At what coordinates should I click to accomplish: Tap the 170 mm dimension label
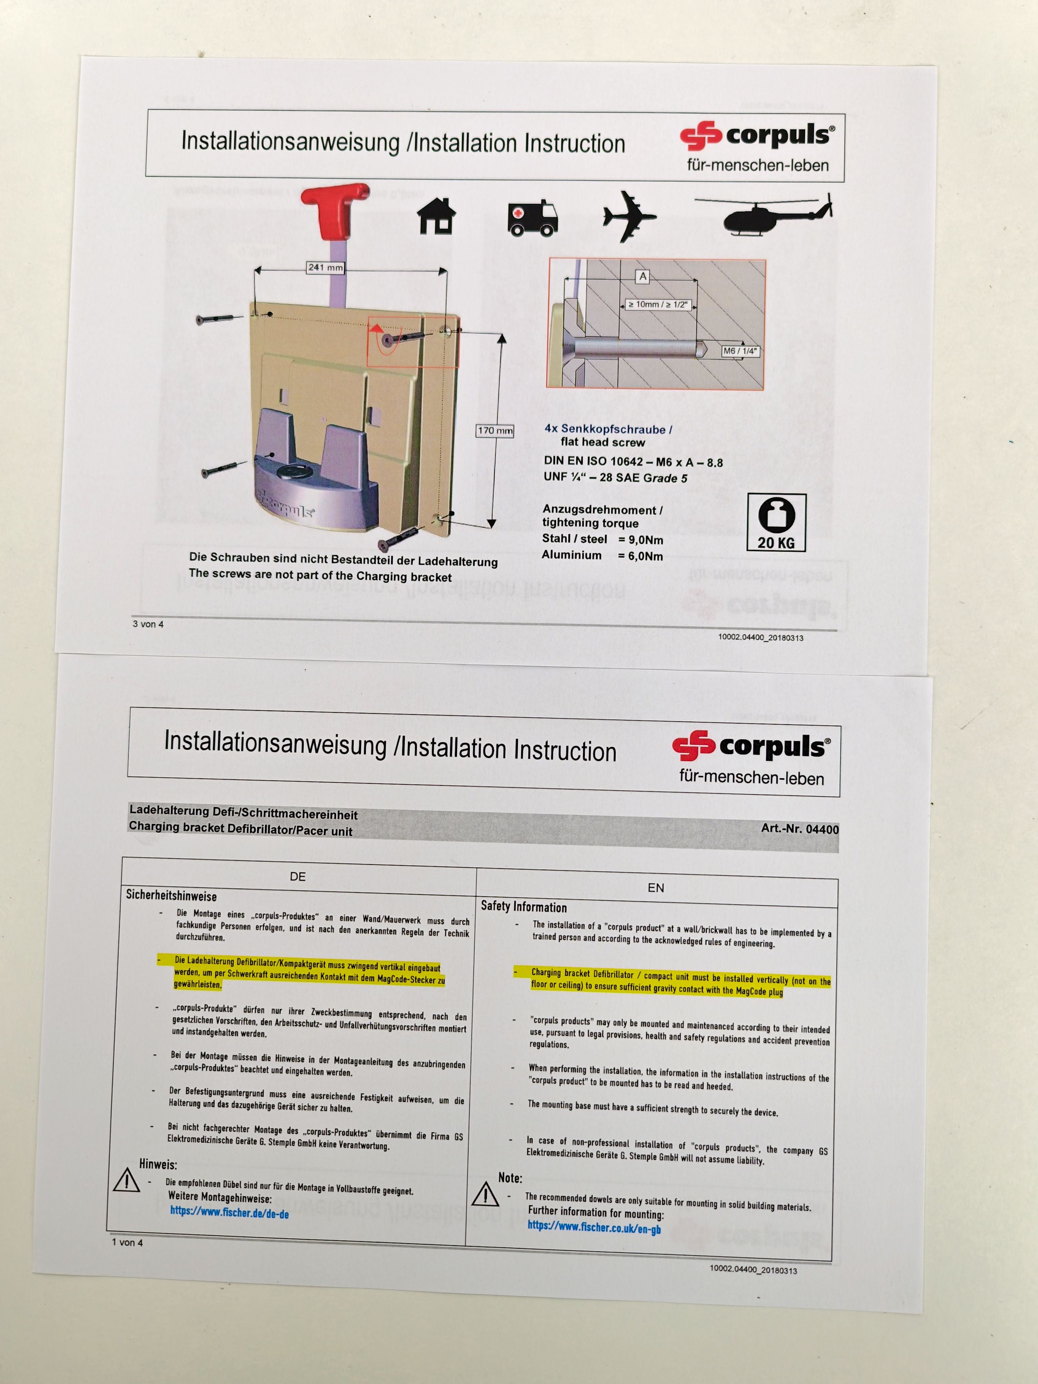(x=495, y=430)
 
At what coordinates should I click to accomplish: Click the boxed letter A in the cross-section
(x=643, y=276)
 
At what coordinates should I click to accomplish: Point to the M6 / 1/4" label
(x=740, y=351)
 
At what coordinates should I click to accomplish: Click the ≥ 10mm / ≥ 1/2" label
(x=657, y=305)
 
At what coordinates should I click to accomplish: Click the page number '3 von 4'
(x=148, y=624)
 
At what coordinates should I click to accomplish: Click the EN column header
(x=656, y=887)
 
